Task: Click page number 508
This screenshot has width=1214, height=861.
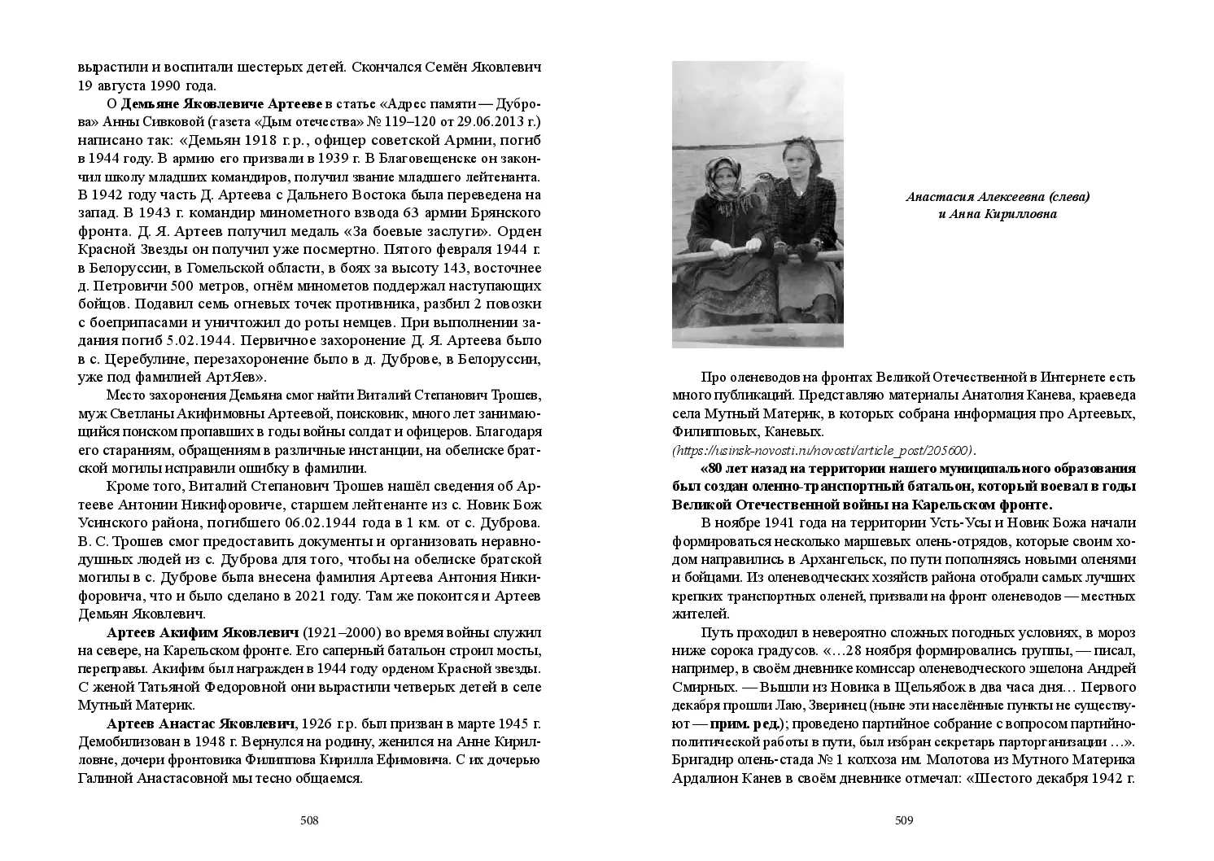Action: (x=309, y=820)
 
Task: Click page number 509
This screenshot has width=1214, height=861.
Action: (x=904, y=820)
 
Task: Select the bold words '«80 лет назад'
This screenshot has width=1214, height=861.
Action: (x=739, y=469)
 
